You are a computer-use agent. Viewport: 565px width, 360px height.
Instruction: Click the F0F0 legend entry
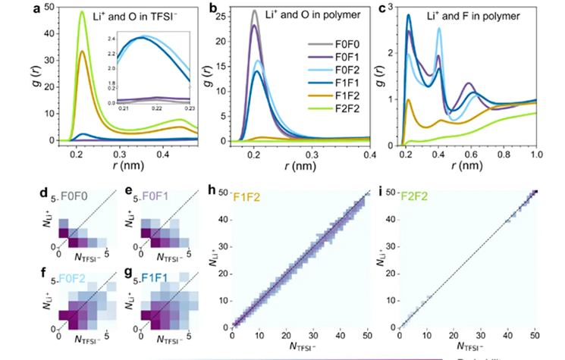pos(345,35)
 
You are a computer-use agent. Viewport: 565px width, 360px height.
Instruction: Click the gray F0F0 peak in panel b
pos(255,12)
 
